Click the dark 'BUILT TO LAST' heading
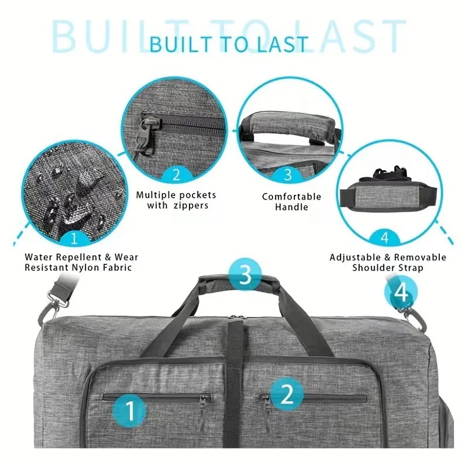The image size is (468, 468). tap(228, 44)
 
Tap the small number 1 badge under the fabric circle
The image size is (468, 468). tap(74, 238)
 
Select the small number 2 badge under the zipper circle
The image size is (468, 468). tap(175, 174)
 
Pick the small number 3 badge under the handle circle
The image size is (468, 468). tap(287, 174)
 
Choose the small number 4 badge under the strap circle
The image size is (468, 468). tap(384, 238)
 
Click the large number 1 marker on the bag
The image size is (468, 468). tap(131, 409)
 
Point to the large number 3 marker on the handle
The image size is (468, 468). tap(245, 274)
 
